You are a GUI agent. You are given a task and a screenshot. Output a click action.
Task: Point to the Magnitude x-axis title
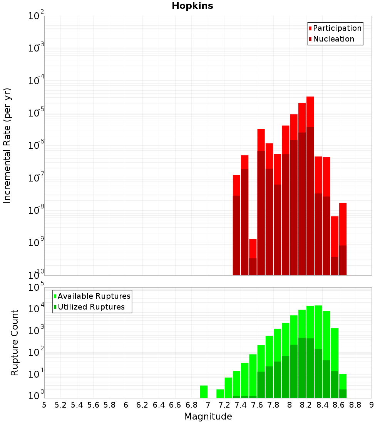[x=208, y=416]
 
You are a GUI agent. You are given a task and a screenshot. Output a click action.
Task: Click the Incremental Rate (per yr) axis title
[x=7, y=145]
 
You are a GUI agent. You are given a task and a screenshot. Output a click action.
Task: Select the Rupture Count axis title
[x=15, y=343]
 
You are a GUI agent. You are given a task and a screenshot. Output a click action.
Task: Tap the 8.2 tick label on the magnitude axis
[x=306, y=405]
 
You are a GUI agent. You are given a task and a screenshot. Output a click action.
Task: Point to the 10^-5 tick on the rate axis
[x=36, y=113]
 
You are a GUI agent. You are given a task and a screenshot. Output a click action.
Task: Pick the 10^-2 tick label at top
[x=36, y=16]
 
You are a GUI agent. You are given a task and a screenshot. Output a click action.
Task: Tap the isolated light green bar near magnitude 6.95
[x=204, y=391]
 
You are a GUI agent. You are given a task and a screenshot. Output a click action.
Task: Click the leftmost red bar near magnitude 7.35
[x=236, y=185]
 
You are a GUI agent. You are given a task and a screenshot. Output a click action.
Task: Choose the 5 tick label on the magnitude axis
[x=44, y=405]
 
